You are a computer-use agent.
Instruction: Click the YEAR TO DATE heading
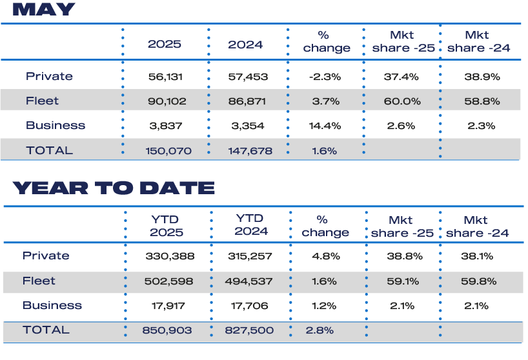pos(113,188)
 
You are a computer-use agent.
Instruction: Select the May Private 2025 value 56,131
pos(165,76)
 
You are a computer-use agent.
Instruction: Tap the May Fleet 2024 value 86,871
pos(246,101)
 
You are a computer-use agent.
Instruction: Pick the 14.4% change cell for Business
pos(325,126)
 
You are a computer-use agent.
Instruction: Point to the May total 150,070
pos(165,151)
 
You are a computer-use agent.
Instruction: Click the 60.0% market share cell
pos(402,101)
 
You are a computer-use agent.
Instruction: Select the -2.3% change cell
pos(325,76)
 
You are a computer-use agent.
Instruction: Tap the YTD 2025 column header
pos(167,226)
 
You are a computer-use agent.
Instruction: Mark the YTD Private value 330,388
pos(167,256)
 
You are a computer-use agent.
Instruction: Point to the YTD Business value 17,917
pos(167,306)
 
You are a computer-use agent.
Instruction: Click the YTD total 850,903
pos(167,330)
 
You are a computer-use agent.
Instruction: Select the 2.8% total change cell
pos(320,330)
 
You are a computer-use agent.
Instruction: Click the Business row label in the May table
pos(56,125)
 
